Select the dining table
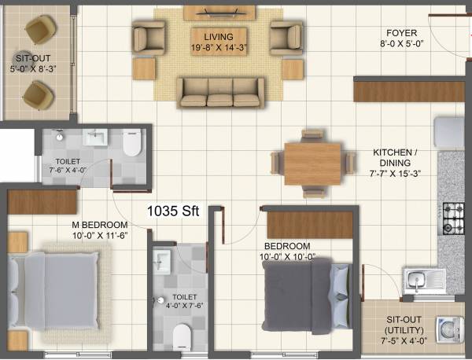[312, 163]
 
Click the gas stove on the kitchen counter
[454, 215]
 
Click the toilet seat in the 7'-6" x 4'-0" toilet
[131, 142]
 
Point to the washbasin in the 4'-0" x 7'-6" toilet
[162, 259]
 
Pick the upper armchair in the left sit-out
[37, 31]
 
